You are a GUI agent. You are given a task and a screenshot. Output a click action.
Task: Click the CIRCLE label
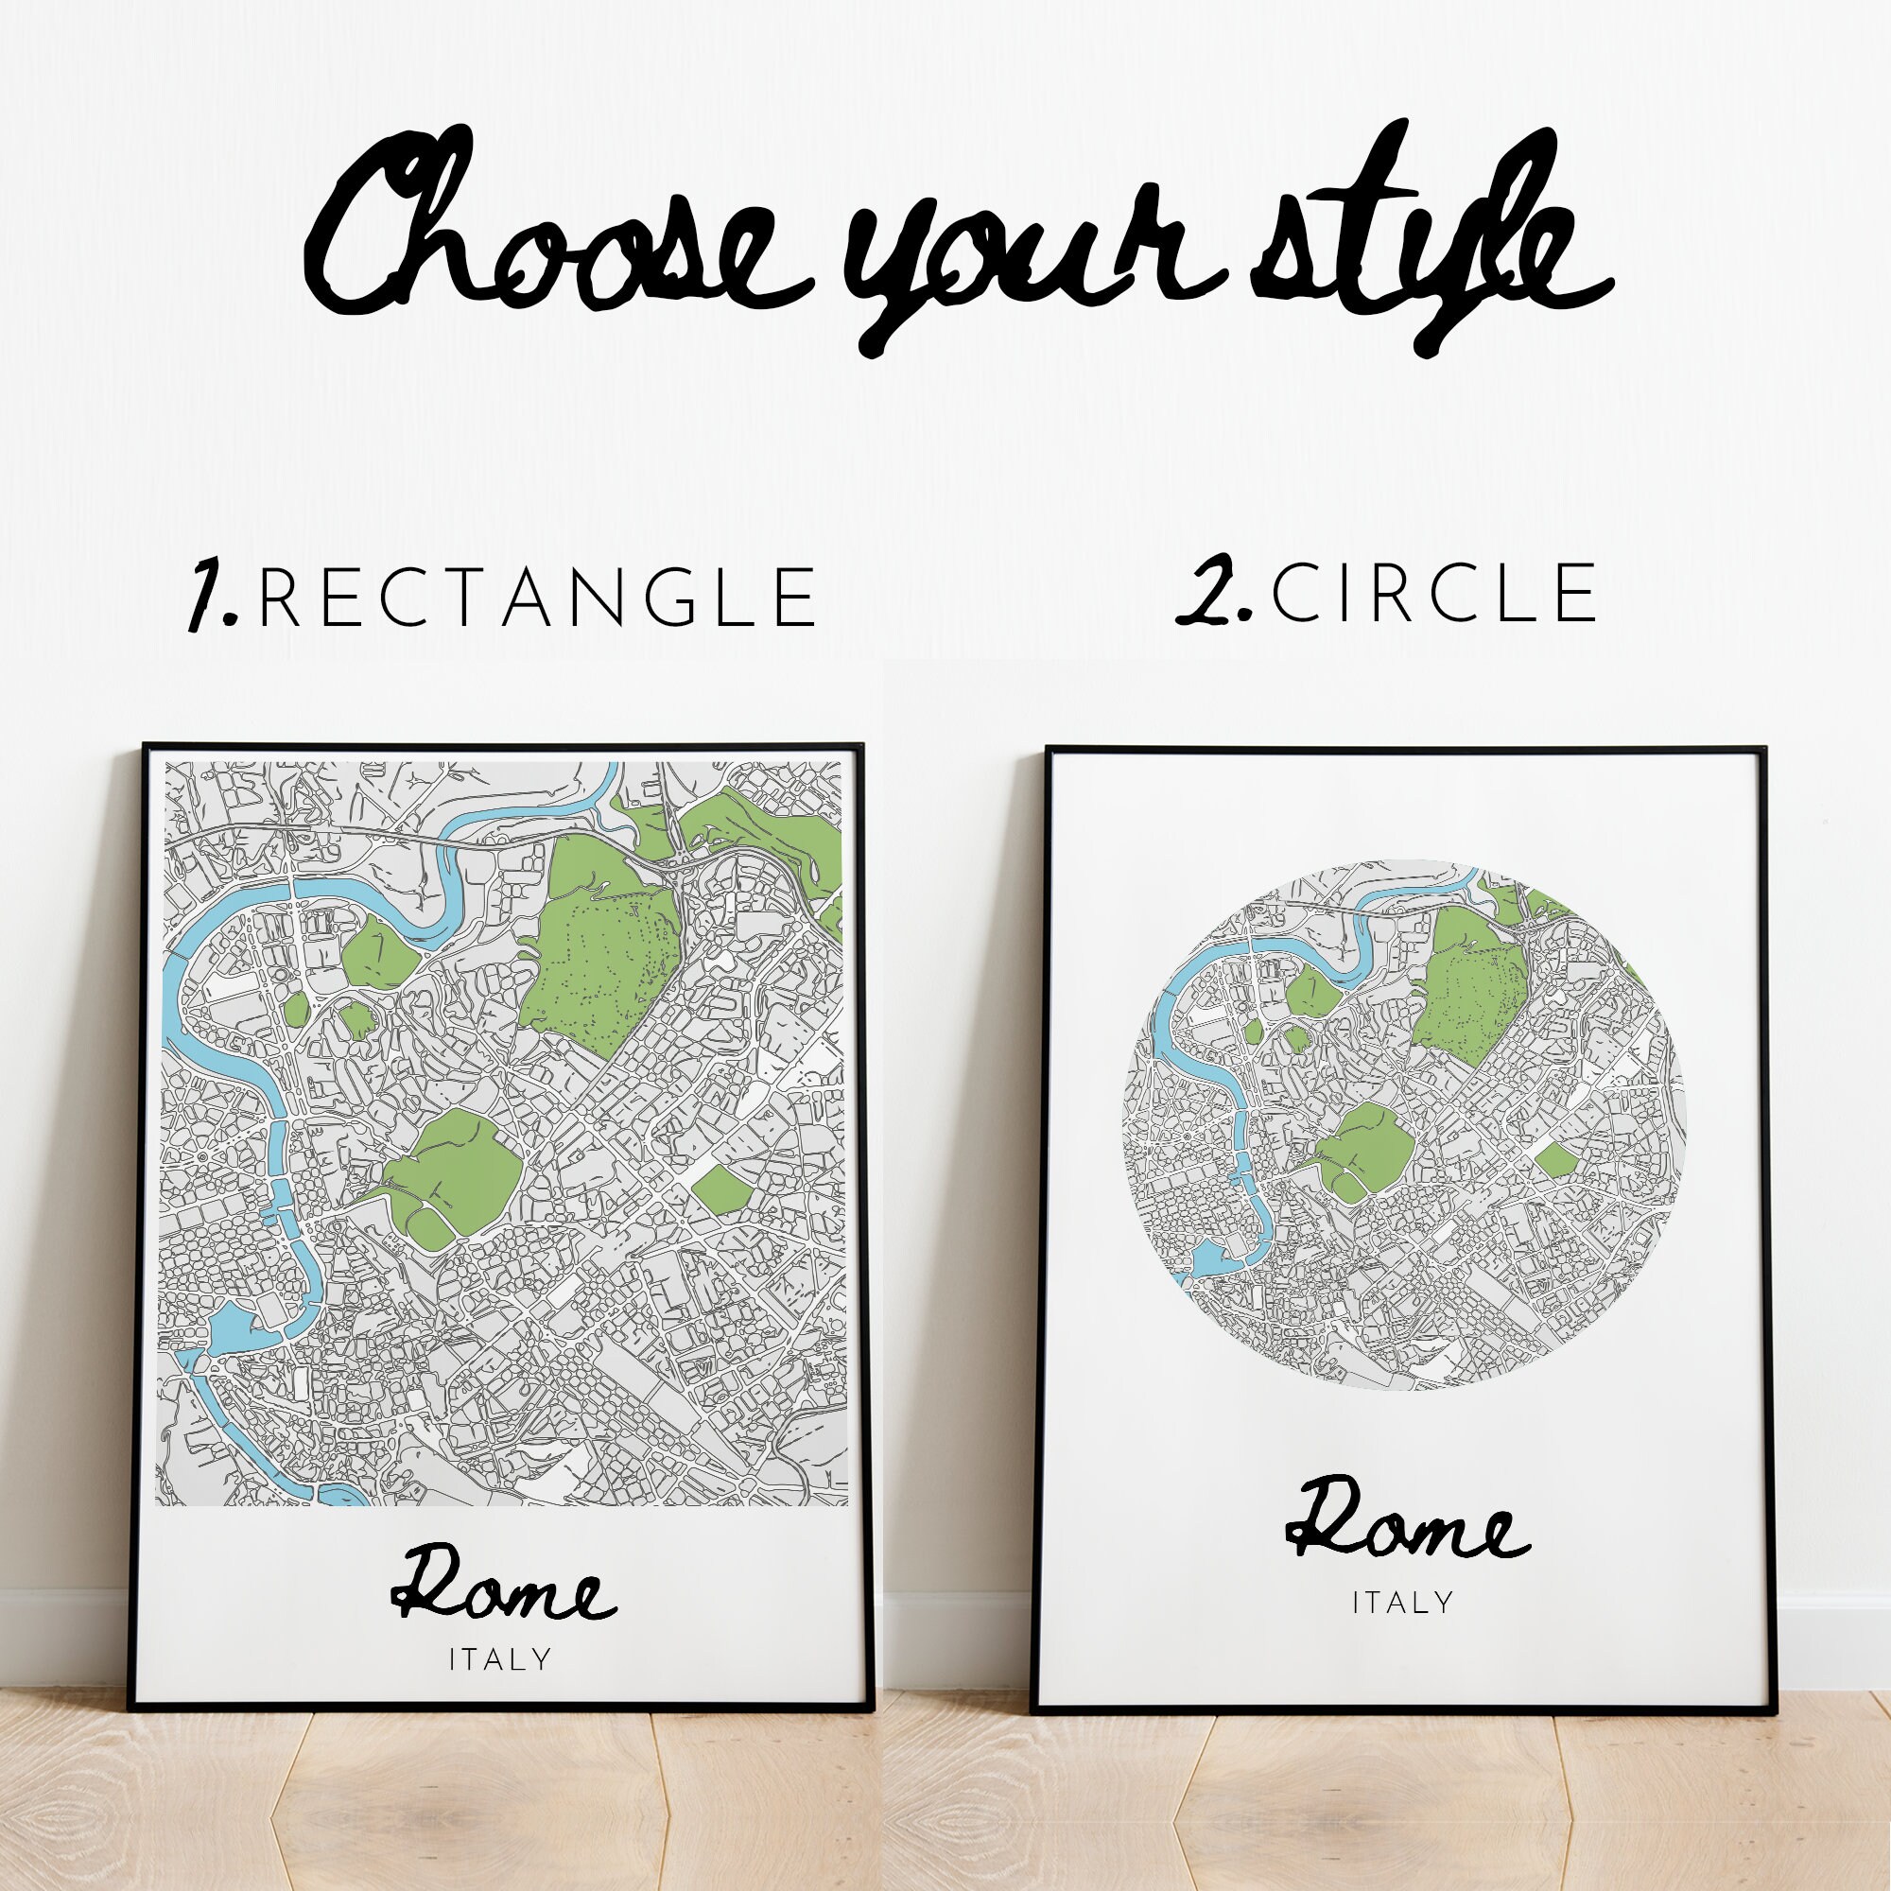[x=1433, y=593]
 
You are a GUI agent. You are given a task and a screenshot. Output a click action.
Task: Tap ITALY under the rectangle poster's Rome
[x=500, y=1659]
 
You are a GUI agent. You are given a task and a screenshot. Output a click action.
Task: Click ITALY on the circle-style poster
[x=1402, y=1603]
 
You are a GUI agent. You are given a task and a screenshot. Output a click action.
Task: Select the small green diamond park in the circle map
[x=1556, y=1161]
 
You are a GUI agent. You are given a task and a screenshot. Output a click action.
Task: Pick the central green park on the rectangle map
[x=452, y=1174]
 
